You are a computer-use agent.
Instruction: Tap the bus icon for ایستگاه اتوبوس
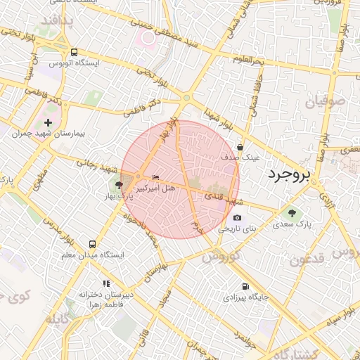tap(75, 52)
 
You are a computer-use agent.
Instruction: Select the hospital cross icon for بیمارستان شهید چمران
tap(48, 123)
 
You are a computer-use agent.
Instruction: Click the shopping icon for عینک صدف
tap(241, 148)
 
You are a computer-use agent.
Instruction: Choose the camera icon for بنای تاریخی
tap(237, 218)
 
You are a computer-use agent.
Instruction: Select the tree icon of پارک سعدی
tap(292, 212)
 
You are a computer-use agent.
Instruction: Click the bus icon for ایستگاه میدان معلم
tap(92, 244)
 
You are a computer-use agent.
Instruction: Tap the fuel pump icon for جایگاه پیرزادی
tap(245, 286)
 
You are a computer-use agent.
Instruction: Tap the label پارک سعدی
tap(292, 224)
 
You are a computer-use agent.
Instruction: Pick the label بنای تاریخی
tap(238, 229)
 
